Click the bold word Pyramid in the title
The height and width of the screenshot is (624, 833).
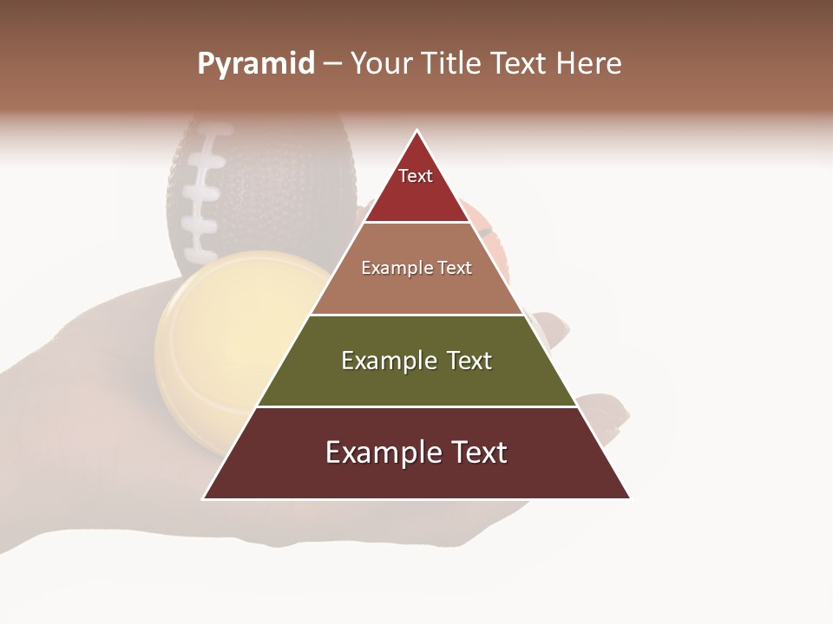pyautogui.click(x=255, y=64)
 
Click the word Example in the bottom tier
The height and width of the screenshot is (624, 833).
pyautogui.click(x=375, y=452)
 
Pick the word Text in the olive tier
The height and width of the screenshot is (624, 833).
pyautogui.click(x=469, y=361)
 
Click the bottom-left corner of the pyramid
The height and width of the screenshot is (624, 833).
pyautogui.click(x=204, y=498)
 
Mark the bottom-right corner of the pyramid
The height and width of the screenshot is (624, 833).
pyautogui.click(x=629, y=498)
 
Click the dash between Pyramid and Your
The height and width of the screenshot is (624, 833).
pyautogui.click(x=331, y=64)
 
